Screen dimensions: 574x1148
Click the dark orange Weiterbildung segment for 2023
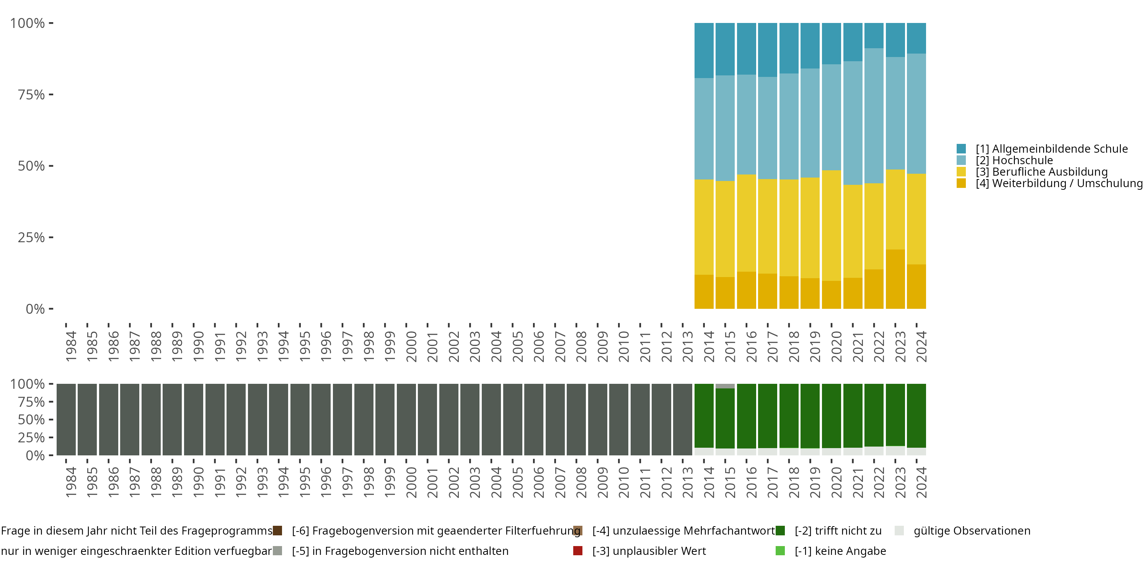[895, 279]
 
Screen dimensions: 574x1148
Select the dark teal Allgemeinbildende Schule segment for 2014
[704, 51]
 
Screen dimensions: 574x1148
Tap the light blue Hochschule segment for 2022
[874, 116]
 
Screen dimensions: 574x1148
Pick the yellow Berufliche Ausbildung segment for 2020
[831, 225]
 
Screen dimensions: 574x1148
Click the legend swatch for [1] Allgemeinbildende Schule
[961, 149]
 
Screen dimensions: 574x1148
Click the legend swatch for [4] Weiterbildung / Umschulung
[961, 183]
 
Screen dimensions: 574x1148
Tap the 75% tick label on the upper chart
[31, 95]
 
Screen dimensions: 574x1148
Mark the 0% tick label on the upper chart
[35, 309]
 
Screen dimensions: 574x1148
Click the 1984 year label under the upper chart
[71, 346]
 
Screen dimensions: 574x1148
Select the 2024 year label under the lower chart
[921, 482]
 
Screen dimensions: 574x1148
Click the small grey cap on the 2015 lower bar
[725, 386]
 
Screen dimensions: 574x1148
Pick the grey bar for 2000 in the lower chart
[406, 419]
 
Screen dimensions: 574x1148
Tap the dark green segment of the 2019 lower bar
[810, 416]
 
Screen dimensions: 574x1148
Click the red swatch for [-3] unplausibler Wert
[577, 551]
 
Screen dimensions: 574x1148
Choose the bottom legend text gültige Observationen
[972, 531]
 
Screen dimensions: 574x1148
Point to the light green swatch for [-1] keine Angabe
[780, 551]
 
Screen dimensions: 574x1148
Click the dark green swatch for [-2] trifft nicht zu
[780, 531]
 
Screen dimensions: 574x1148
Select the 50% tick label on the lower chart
[31, 420]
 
